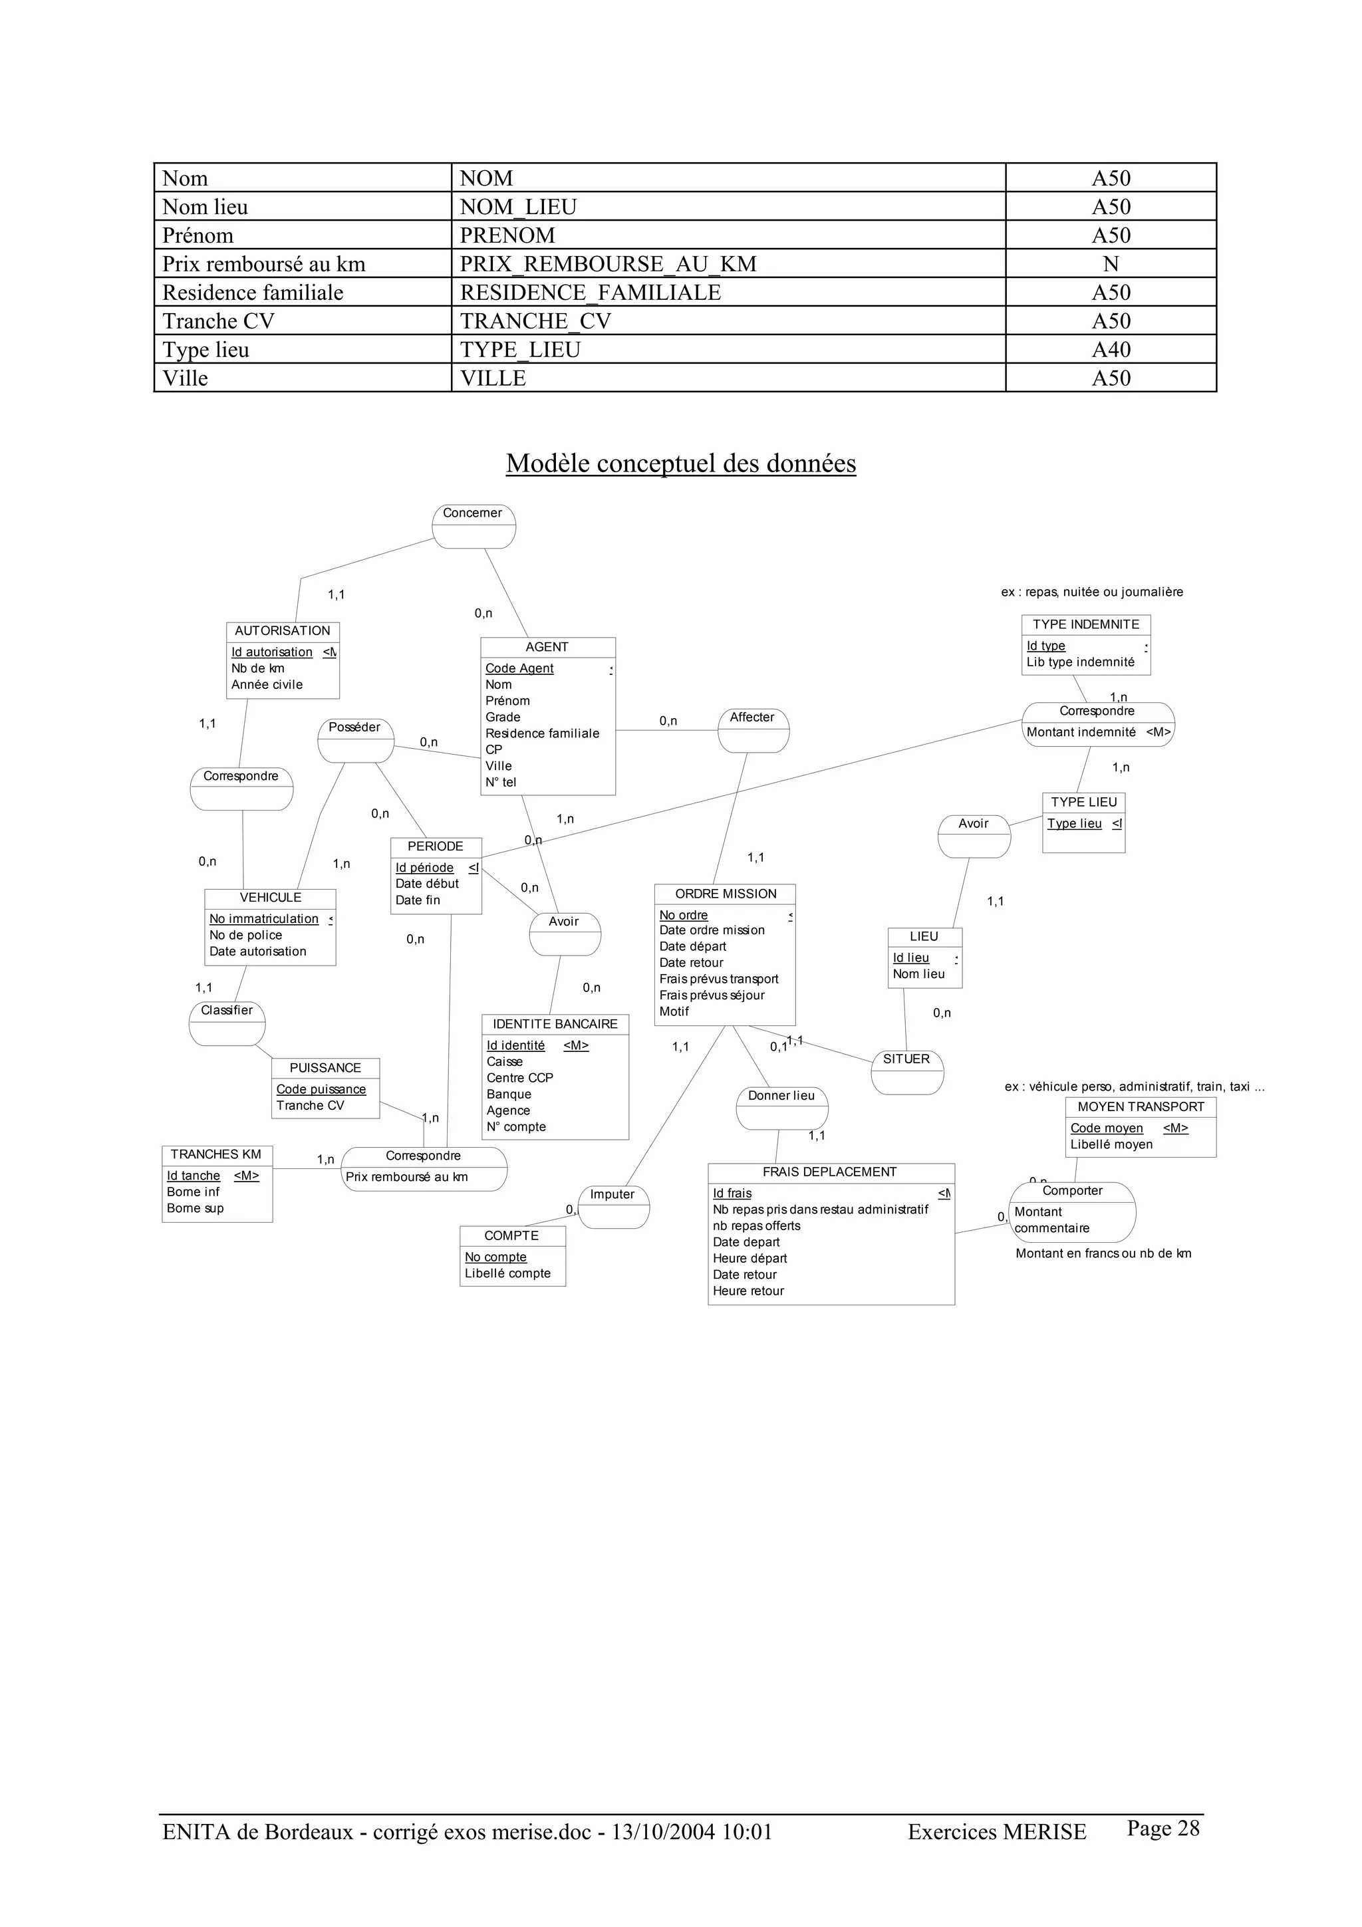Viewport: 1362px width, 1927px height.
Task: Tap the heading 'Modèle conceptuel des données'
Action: (680, 463)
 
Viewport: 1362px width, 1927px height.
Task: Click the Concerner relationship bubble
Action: (474, 526)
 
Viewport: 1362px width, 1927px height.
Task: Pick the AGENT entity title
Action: (547, 647)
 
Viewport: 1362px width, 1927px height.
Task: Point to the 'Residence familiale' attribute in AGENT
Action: (542, 733)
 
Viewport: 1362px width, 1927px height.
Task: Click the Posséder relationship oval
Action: (355, 739)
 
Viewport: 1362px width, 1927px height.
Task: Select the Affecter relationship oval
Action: (753, 730)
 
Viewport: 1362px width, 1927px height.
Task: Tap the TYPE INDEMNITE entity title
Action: (1085, 624)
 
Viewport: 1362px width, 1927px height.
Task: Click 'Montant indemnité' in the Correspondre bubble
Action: (1081, 732)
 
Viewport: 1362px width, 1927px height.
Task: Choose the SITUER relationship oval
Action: (906, 1072)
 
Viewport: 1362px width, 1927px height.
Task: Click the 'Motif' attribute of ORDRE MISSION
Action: (674, 1011)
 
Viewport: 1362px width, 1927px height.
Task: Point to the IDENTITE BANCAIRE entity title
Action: (555, 1024)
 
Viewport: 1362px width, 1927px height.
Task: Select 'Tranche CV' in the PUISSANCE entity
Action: (311, 1105)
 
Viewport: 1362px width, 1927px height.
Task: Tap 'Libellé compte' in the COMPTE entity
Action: (507, 1273)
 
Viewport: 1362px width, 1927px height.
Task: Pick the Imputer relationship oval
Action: (613, 1207)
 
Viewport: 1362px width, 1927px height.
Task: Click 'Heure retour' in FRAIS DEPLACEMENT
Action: (749, 1291)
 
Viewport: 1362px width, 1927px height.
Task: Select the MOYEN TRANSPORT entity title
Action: (1141, 1107)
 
